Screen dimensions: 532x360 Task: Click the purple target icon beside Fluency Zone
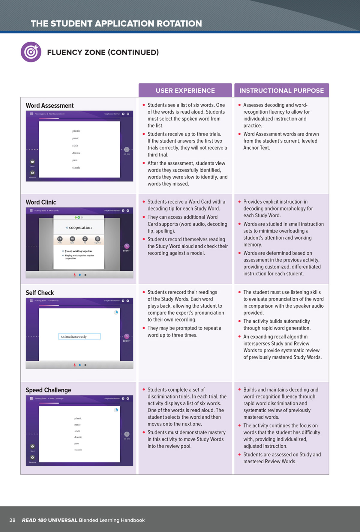(x=31, y=52)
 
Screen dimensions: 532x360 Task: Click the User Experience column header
(x=185, y=91)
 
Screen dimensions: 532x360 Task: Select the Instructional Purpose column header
(x=281, y=91)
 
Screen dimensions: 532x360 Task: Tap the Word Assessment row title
(x=49, y=106)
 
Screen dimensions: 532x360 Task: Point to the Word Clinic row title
(x=41, y=202)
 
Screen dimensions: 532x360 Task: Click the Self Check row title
(x=40, y=293)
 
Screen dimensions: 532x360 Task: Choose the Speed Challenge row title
(x=48, y=390)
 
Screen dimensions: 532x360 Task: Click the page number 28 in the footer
(x=12, y=520)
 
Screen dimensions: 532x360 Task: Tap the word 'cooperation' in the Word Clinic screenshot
(x=80, y=228)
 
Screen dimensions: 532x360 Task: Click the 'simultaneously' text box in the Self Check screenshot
(x=79, y=336)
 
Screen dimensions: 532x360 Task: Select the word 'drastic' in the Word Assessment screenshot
(x=76, y=153)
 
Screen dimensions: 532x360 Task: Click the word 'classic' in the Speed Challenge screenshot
(x=78, y=450)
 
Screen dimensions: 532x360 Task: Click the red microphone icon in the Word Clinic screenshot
(x=75, y=275)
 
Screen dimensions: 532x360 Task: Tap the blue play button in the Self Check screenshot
(x=80, y=365)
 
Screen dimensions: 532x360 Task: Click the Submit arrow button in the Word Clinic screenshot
(x=127, y=246)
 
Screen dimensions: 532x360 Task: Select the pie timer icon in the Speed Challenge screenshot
(x=116, y=410)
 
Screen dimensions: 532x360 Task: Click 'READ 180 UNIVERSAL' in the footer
(x=49, y=520)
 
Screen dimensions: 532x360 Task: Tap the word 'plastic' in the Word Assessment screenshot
(x=76, y=131)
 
